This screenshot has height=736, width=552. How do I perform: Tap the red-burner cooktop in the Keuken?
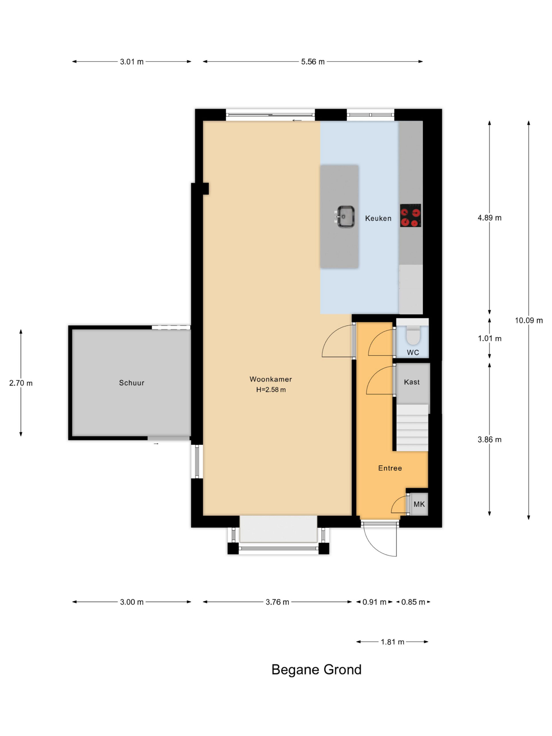click(x=410, y=215)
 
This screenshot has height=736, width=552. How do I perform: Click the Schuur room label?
click(x=131, y=383)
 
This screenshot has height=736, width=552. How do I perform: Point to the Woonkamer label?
click(x=271, y=379)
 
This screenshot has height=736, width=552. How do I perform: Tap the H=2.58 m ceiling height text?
click(x=271, y=390)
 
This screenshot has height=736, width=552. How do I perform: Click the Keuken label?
click(x=378, y=218)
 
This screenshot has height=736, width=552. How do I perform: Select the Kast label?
click(x=412, y=382)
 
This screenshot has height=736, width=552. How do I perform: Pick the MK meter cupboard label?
click(x=419, y=504)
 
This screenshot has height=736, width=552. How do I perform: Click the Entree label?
click(x=390, y=468)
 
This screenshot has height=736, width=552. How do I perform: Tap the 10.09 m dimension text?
click(x=529, y=321)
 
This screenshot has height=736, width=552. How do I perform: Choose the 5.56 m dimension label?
click(x=313, y=62)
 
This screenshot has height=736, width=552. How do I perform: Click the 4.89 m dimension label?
click(x=489, y=218)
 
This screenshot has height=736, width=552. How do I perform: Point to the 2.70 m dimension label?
click(x=21, y=383)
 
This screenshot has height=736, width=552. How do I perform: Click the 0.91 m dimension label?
click(x=374, y=602)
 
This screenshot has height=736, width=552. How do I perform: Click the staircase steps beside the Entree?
click(x=412, y=428)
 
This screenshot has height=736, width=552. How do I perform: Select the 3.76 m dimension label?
click(x=277, y=602)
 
